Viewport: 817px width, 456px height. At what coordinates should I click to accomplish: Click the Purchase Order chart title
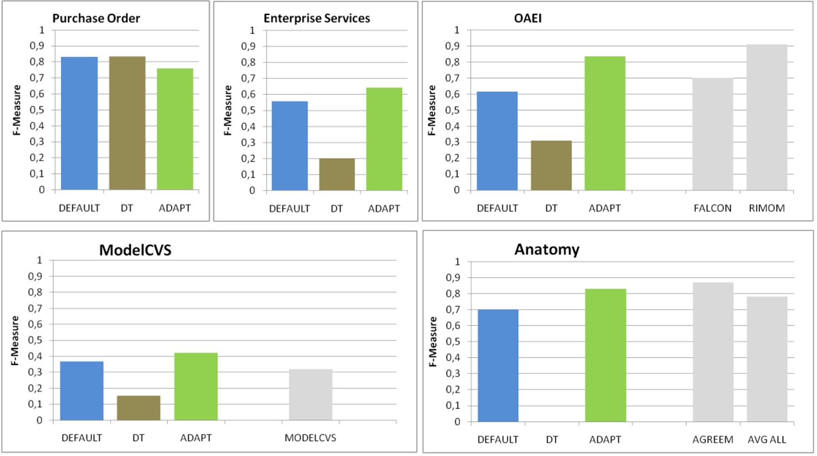pyautogui.click(x=96, y=18)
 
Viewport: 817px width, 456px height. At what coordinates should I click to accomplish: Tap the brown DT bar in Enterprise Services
pyautogui.click(x=337, y=174)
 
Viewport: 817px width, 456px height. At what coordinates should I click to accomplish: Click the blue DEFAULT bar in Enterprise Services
pyautogui.click(x=289, y=146)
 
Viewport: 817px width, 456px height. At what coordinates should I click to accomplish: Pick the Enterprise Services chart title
pyautogui.click(x=316, y=18)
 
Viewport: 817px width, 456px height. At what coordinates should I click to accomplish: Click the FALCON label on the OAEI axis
pyautogui.click(x=712, y=209)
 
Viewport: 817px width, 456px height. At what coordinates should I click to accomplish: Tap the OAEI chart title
pyautogui.click(x=527, y=18)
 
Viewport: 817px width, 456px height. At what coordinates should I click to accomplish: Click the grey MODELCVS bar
pyautogui.click(x=310, y=395)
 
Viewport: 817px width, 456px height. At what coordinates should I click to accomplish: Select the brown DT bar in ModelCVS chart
pyautogui.click(x=138, y=408)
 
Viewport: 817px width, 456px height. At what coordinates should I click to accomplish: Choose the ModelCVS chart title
pyautogui.click(x=135, y=250)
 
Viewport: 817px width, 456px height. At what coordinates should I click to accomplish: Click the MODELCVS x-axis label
pyautogui.click(x=310, y=438)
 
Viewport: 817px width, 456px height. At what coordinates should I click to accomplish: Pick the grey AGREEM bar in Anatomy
pyautogui.click(x=713, y=352)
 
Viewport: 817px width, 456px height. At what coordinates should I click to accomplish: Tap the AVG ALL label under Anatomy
pyautogui.click(x=767, y=439)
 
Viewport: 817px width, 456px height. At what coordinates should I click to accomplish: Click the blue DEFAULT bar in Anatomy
pyautogui.click(x=497, y=366)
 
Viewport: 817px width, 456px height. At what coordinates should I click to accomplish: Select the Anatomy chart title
pyautogui.click(x=547, y=250)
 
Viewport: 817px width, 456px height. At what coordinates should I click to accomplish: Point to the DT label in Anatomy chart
pyautogui.click(x=551, y=439)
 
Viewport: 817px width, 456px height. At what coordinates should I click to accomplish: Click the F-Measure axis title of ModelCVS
pyautogui.click(x=15, y=340)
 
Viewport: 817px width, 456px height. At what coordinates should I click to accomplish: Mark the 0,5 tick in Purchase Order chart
pyautogui.click(x=37, y=110)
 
